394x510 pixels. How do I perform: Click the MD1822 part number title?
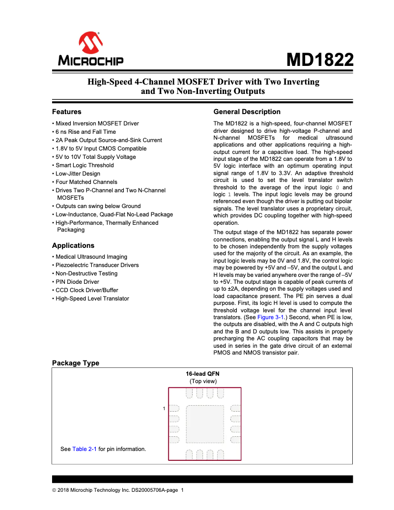[x=320, y=60]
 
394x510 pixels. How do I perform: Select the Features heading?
[x=67, y=112]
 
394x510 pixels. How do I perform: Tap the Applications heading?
[x=73, y=245]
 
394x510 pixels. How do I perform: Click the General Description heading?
[x=247, y=112]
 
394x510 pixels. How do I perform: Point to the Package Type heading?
[x=76, y=363]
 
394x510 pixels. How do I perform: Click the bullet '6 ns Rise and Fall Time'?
[x=85, y=132]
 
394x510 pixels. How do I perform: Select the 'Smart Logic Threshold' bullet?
[x=84, y=165]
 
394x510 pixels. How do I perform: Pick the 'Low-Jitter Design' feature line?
[x=78, y=174]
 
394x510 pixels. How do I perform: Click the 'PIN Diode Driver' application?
[x=77, y=282]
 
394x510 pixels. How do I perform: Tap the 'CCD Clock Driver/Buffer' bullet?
[x=86, y=290]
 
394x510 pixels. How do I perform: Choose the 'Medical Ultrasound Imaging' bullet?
[x=91, y=257]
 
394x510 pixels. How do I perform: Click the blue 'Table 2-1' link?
[x=84, y=449]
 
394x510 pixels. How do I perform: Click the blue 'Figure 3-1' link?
[x=271, y=318]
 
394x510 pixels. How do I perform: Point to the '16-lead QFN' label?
[x=203, y=373]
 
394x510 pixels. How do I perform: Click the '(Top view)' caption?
[x=203, y=381]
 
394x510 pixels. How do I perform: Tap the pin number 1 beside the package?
[x=164, y=409]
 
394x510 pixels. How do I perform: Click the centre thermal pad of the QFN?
[x=205, y=424]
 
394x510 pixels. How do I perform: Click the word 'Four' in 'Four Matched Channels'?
[x=62, y=182]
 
